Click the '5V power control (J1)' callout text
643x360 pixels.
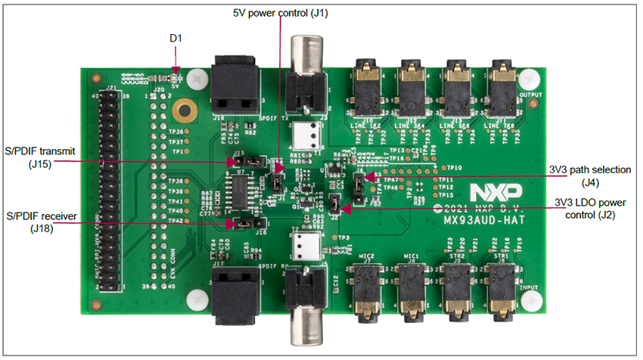coord(281,12)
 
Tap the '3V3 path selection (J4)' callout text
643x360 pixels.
coord(589,175)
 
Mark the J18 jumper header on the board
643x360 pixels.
coord(246,223)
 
